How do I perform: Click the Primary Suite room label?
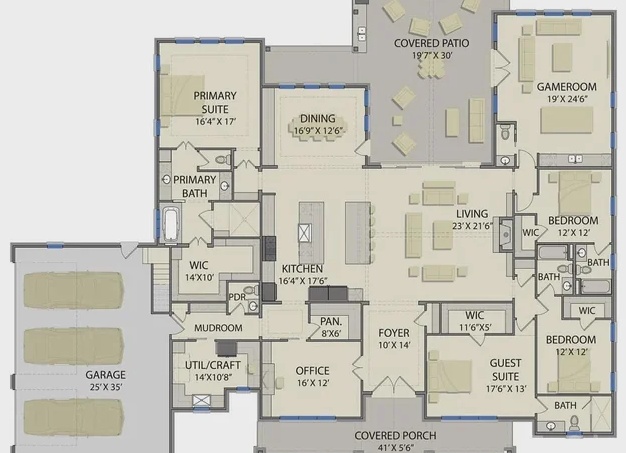click(215, 103)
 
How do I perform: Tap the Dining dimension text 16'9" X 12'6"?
click(318, 131)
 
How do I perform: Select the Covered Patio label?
click(431, 43)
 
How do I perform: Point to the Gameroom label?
click(567, 87)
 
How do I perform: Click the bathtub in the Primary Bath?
click(170, 224)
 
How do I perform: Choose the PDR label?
click(237, 297)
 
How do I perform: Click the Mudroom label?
click(218, 328)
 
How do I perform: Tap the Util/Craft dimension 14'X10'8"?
click(213, 377)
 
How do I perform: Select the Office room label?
click(313, 371)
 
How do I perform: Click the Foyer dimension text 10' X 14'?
click(394, 345)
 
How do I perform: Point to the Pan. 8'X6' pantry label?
click(331, 327)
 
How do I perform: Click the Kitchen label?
click(302, 269)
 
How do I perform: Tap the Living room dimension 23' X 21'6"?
click(472, 226)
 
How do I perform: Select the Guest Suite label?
click(505, 370)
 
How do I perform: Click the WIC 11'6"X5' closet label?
click(474, 321)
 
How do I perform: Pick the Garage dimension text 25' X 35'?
click(105, 387)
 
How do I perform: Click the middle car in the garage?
click(73, 347)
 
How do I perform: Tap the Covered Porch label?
click(395, 435)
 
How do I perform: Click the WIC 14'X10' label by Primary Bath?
click(199, 271)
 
